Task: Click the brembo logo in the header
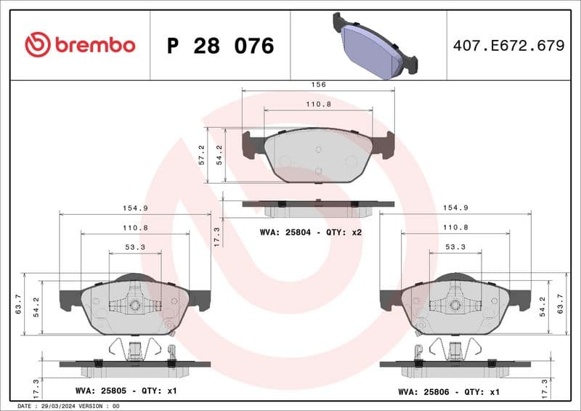80,45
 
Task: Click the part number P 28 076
220,46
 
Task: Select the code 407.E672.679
508,46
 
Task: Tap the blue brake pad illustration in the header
375,45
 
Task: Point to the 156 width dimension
318,84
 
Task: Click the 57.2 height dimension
202,155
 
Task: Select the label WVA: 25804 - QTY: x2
311,232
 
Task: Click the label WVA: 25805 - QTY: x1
126,391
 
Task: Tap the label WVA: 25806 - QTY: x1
449,391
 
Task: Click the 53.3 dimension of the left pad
131,246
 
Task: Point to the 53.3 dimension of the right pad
455,246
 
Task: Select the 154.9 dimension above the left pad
135,208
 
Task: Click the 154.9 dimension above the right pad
455,208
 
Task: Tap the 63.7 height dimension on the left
18,304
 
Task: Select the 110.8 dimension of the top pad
318,104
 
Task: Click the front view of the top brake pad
318,155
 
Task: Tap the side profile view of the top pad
318,208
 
